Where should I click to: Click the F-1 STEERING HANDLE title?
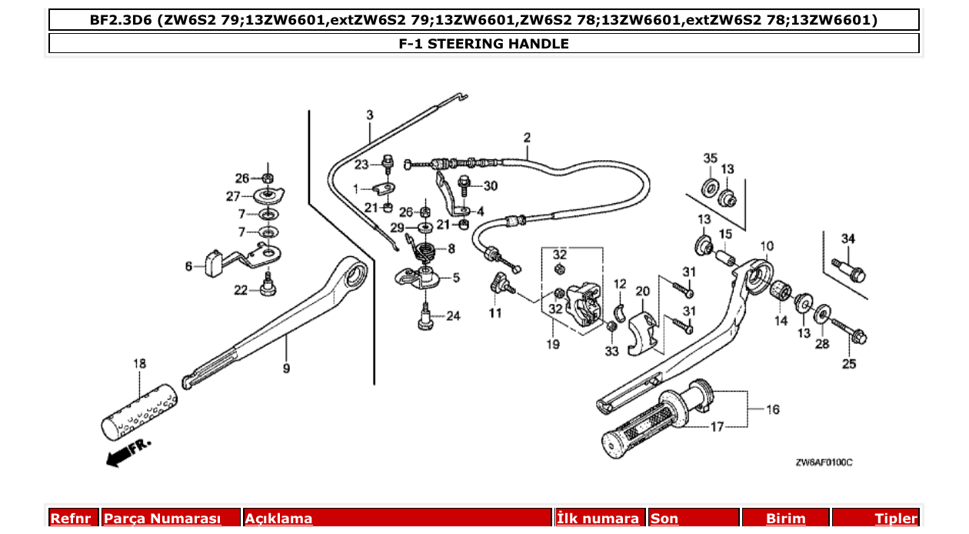point(484,44)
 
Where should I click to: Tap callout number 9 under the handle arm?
point(286,369)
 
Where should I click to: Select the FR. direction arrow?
point(128,452)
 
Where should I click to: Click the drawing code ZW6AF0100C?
point(824,462)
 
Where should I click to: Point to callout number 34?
point(847,239)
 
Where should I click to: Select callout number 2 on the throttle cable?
point(527,139)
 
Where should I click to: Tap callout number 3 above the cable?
point(369,115)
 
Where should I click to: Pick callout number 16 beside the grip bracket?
point(773,409)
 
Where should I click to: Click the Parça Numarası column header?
point(162,519)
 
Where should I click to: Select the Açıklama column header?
point(278,519)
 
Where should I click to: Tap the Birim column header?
point(785,519)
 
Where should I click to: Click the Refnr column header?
point(71,519)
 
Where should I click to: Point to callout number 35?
point(710,159)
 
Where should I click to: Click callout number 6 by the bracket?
point(188,266)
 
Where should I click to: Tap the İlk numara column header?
point(598,519)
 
